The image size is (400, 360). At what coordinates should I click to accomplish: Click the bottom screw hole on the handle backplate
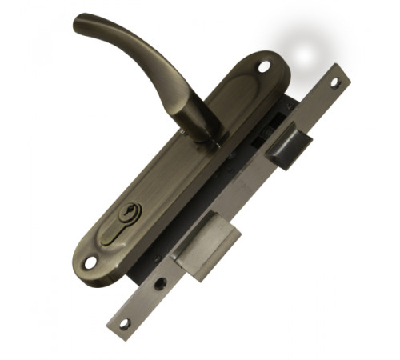click(x=90, y=262)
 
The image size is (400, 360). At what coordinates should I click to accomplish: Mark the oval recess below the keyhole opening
click(x=118, y=237)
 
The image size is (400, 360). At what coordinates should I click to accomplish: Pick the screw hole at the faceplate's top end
click(x=337, y=82)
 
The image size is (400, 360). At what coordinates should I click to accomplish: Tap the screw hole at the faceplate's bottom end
click(x=123, y=323)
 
